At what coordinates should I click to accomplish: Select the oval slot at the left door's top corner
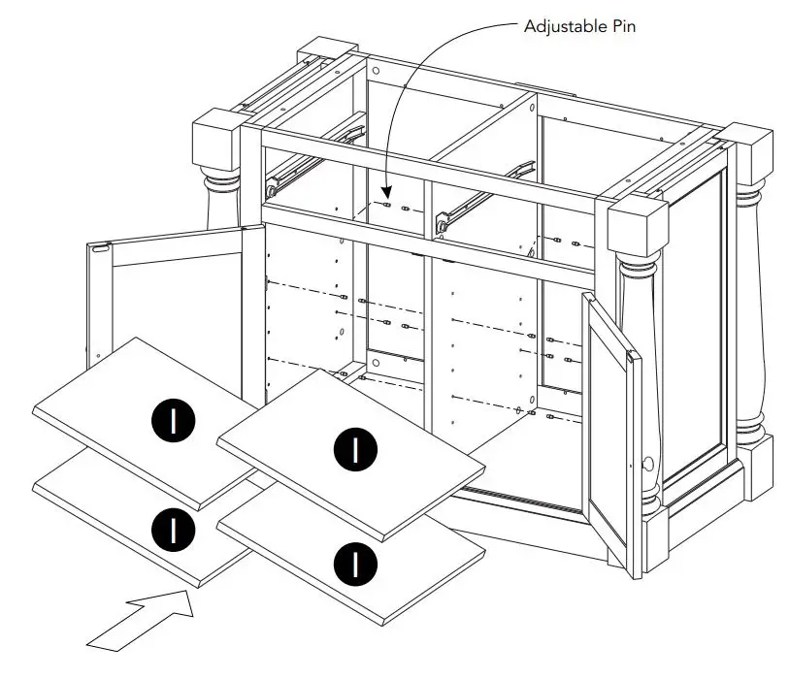click(x=100, y=249)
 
